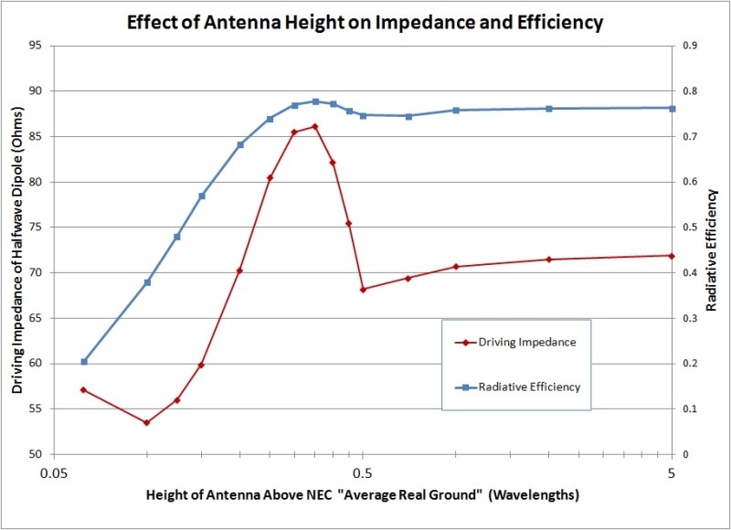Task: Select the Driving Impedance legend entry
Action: click(x=517, y=343)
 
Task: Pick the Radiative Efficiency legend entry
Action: click(x=517, y=387)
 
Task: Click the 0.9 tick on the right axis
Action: click(x=690, y=46)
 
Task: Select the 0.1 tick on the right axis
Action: click(x=690, y=408)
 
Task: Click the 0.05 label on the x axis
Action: click(x=55, y=473)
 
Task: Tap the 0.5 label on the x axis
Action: click(x=363, y=473)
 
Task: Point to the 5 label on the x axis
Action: click(x=672, y=473)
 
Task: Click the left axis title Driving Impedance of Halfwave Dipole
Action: click(x=17, y=249)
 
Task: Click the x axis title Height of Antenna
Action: click(x=362, y=496)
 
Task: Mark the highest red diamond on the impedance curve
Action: click(x=315, y=126)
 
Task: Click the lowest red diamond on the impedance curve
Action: click(x=146, y=422)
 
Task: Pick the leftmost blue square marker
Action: click(x=84, y=362)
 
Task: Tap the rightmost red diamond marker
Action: click(x=672, y=255)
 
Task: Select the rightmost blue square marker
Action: click(x=672, y=108)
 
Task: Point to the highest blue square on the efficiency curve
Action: click(x=315, y=101)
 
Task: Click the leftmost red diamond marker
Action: click(x=84, y=390)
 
